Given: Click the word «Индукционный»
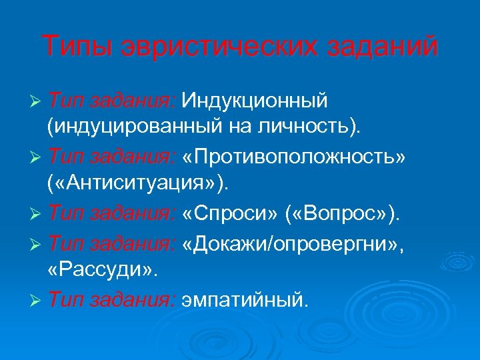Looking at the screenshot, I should [255, 101].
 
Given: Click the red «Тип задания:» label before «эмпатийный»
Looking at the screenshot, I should [112, 301].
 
